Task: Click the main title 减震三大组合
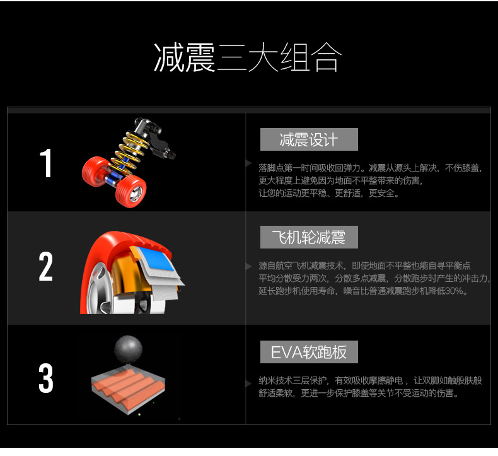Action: pos(248,57)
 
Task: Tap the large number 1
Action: pos(46,163)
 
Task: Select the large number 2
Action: pos(46,266)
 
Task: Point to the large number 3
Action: pos(46,378)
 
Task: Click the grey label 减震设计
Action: pos(309,139)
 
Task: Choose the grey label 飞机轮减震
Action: pos(309,237)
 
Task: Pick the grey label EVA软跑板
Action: pos(309,352)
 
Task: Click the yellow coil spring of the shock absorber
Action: pos(130,150)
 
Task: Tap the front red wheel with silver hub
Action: pos(131,191)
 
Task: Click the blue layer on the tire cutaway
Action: pos(156,260)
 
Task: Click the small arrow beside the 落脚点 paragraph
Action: pos(249,163)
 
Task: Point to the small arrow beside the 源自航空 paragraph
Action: pos(249,266)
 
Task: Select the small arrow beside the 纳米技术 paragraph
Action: pos(249,384)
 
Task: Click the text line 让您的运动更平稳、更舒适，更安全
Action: pos(328,193)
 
